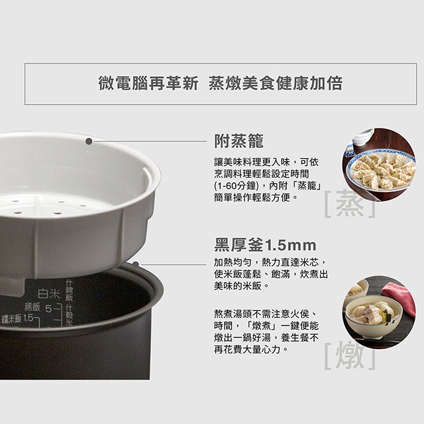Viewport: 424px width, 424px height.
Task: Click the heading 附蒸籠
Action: tap(238, 141)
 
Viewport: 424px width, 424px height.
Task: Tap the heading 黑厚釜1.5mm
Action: tap(265, 244)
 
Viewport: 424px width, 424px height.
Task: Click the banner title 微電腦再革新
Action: tap(148, 83)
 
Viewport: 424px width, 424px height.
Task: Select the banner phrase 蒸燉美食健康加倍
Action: tap(276, 83)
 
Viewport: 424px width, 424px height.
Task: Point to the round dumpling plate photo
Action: tap(379, 164)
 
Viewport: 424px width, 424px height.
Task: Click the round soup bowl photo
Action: tap(379, 312)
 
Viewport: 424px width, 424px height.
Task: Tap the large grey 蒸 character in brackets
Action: tap(350, 203)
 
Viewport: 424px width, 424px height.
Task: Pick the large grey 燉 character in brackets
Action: tap(350, 355)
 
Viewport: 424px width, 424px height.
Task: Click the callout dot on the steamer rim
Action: tap(89, 141)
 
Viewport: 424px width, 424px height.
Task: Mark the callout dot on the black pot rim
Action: tap(136, 264)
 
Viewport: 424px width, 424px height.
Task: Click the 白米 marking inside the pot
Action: tap(49, 293)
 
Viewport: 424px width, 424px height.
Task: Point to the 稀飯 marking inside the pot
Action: tap(32, 307)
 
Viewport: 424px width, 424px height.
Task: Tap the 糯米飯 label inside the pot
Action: tap(11, 319)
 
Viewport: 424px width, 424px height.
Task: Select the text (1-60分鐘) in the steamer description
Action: tap(235, 185)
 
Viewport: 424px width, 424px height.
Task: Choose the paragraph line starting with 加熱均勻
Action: tap(271, 262)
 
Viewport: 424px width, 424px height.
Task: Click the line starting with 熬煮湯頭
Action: tap(265, 313)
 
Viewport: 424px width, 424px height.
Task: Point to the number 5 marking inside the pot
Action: tap(48, 309)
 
